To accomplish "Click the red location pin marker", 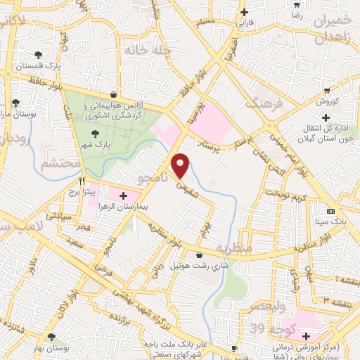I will point(181,165).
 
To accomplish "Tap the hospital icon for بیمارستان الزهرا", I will point(124,195).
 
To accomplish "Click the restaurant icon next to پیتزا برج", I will point(84,179).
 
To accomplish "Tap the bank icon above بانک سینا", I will point(330,212).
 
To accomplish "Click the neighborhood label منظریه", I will point(233,248).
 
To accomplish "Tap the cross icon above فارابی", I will point(244,12).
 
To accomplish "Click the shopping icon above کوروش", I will point(326,89).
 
